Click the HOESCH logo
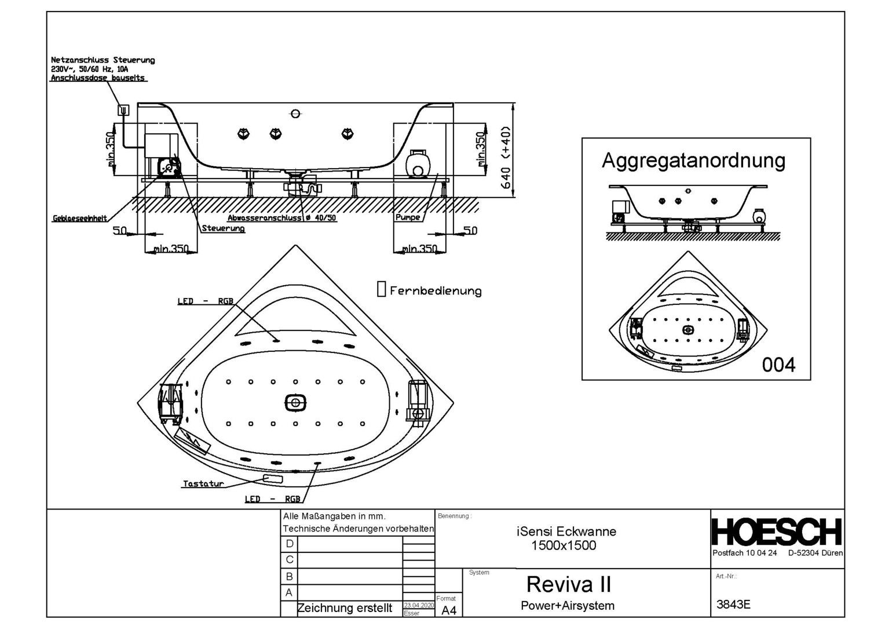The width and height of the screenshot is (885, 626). [777, 532]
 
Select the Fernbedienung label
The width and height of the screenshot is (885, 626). [436, 290]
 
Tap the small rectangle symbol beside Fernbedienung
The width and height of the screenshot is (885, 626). [381, 289]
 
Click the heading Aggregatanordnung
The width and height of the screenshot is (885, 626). [693, 160]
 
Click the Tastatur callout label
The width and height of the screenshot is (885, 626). [203, 483]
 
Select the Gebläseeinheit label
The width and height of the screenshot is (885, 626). [80, 219]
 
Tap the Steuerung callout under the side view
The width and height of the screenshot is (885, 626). [223, 228]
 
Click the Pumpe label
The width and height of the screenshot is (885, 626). [408, 217]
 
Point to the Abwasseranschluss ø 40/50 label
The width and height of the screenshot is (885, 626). [281, 218]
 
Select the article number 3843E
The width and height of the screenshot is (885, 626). [733, 605]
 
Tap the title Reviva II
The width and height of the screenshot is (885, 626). [568, 584]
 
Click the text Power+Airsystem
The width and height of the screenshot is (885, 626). [567, 606]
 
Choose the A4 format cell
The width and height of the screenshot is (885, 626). [449, 610]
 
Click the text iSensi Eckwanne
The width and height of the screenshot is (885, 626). [566, 532]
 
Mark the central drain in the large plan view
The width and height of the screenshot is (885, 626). [295, 402]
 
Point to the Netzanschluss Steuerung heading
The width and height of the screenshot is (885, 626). [103, 60]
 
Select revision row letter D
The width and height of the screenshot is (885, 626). [290, 544]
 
